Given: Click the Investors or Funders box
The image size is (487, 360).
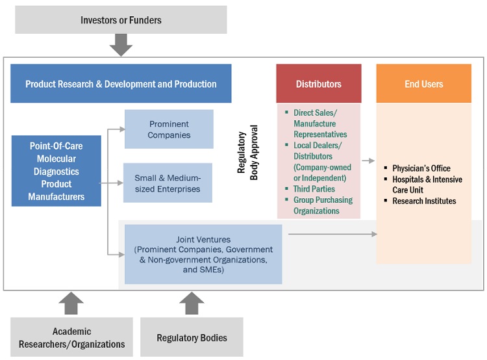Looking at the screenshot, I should pos(121,19).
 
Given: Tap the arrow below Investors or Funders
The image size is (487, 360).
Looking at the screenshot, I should pos(121,45).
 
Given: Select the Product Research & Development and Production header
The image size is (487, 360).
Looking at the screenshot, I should pos(121,83).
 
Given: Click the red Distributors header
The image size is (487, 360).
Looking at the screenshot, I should pos(319,83).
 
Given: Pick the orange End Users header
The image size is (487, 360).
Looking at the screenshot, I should pos(423,83).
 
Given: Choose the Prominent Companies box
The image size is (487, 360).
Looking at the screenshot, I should pos(169,129).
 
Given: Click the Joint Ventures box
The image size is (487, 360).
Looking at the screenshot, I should pos(203,254).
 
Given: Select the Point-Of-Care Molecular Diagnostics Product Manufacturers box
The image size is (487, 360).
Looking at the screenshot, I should pos(56,170).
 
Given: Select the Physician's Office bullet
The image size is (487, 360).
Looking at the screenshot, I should pos(421,168).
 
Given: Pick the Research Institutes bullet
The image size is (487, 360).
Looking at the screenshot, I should pos(424,201).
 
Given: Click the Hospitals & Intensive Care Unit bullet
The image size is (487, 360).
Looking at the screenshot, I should pos(427,185).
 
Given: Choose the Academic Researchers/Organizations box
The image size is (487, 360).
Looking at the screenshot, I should pos(71,337).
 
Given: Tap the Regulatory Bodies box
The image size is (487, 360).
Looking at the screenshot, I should pos(192,337).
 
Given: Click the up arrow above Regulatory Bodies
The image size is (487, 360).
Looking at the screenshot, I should pos(192,303).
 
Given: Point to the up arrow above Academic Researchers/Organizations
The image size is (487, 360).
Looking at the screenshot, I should pos(71,303).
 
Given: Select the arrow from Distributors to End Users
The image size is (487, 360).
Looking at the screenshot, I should pos(368,160).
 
